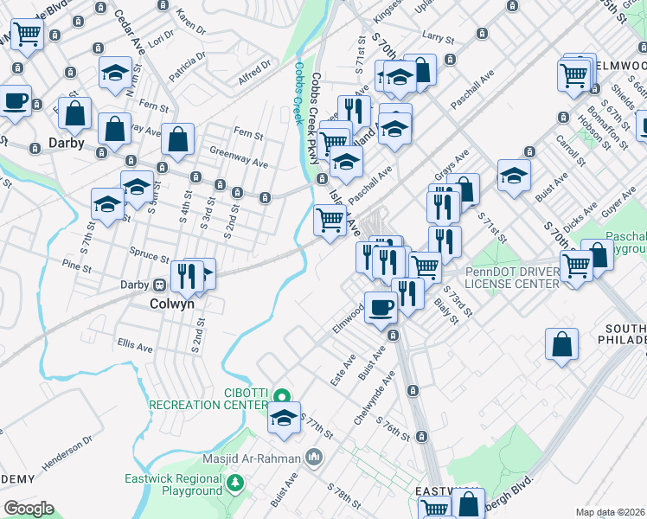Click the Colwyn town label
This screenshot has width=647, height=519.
[171, 304]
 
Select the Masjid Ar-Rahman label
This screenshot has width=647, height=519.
[252, 458]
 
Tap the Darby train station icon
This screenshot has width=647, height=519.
[159, 285]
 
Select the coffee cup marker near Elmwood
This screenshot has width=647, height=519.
[381, 306]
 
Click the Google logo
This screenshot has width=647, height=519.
[29, 508]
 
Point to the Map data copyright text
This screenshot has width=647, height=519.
[611, 512]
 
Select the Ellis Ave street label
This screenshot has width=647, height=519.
[135, 345]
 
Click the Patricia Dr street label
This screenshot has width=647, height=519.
[188, 67]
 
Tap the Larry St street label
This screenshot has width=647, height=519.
[439, 38]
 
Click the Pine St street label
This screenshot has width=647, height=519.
[77, 266]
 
